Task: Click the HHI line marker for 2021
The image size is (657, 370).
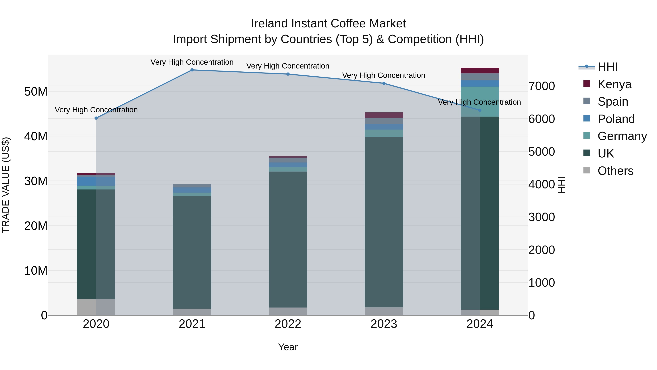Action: [192, 70]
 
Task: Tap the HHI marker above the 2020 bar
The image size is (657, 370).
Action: [96, 118]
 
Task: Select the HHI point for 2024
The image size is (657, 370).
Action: [480, 110]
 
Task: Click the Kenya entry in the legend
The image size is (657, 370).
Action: [614, 84]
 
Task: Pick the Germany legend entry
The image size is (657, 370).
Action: [622, 136]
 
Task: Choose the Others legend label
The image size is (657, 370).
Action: [615, 171]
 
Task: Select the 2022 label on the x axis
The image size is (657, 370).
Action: [288, 324]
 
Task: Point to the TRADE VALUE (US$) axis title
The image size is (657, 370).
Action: [6, 185]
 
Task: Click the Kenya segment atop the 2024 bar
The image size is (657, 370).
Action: [480, 71]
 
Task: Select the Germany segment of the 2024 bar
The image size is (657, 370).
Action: [480, 102]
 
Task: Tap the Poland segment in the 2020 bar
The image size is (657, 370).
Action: [96, 181]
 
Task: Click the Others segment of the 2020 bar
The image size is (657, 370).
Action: [96, 307]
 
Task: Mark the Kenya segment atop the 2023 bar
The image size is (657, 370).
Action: [384, 115]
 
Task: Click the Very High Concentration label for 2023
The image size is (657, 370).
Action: [384, 75]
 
